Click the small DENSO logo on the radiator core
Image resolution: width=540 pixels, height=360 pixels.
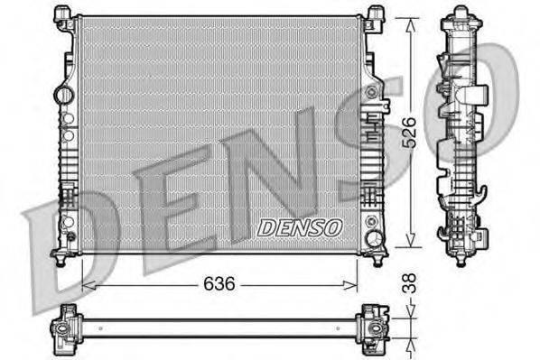[x=300, y=227]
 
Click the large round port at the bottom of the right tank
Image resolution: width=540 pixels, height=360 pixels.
[x=373, y=238]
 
